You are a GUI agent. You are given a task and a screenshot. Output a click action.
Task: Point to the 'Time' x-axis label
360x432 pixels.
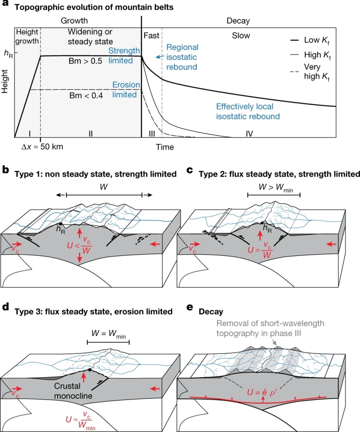click(164, 147)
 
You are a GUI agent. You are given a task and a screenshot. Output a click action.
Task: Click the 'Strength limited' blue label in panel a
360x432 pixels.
click(124, 56)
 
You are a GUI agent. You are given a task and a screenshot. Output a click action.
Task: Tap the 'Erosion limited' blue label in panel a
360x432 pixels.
click(126, 89)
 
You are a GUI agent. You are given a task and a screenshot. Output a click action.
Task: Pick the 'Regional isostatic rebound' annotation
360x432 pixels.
click(182, 57)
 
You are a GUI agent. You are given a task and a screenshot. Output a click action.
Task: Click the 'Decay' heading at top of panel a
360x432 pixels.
click(238, 21)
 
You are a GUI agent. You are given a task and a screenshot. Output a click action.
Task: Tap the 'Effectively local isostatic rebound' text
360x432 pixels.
click(248, 111)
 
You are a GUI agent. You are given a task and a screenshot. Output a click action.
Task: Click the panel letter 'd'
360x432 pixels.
click(5, 307)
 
